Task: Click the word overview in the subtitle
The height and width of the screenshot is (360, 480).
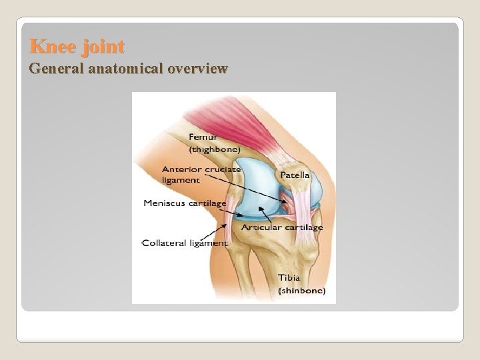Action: pos(199,68)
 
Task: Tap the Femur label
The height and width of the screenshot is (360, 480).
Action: pos(203,137)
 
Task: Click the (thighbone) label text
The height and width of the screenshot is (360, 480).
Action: pos(214,149)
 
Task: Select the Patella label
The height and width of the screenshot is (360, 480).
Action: pos(295,175)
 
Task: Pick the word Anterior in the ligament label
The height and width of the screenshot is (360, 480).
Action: pos(181,169)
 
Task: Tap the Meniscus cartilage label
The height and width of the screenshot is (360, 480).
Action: pos(185,203)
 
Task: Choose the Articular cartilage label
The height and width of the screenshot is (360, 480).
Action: pos(282,227)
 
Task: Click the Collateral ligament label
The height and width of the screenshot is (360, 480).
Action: pos(185,243)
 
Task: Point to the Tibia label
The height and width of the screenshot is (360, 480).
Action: pos(289,277)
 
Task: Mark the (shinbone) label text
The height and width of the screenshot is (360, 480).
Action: pos(301,290)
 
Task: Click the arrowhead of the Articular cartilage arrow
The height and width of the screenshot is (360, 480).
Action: pos(261,208)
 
